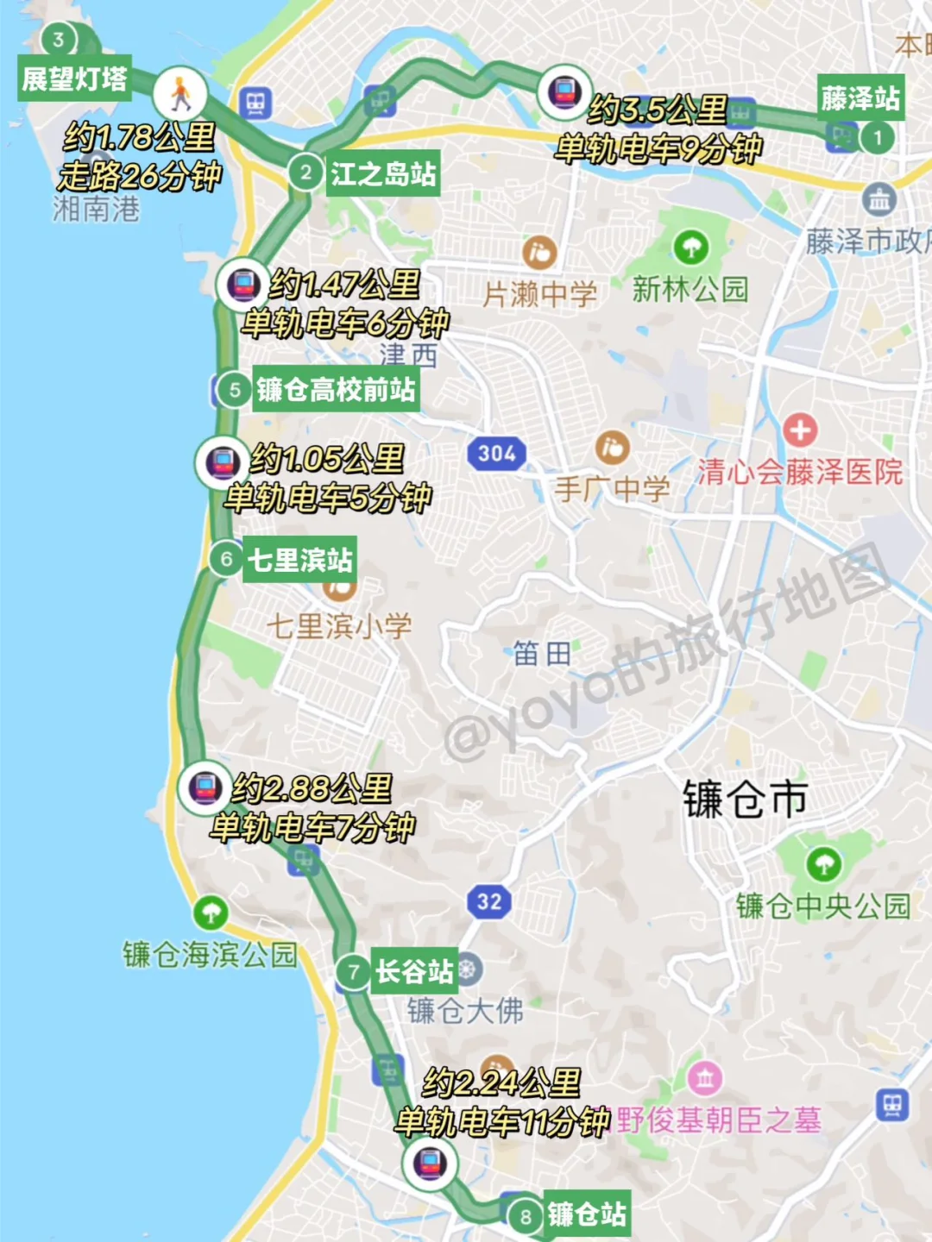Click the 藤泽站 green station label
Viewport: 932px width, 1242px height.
[860, 98]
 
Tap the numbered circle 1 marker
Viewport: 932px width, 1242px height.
[878, 137]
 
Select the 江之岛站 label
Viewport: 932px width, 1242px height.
[383, 173]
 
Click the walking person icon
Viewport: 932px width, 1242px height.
[180, 93]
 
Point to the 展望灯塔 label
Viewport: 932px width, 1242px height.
[74, 79]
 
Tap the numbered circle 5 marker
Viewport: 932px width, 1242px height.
[234, 390]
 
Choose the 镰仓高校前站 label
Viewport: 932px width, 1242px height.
[336, 390]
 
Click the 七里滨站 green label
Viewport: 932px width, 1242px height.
[299, 560]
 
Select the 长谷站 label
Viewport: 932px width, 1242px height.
[414, 972]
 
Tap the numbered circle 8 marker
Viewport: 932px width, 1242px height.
[525, 1217]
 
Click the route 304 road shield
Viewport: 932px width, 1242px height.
[496, 453]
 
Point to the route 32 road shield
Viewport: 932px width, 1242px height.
[488, 902]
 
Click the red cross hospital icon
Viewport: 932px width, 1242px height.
[800, 429]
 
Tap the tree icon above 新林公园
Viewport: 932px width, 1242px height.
[690, 248]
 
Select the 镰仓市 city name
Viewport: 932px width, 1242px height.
[746, 800]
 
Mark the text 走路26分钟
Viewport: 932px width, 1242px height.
[140, 176]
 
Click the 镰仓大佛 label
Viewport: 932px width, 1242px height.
[465, 1010]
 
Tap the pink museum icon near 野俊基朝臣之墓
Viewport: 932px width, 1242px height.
[705, 1078]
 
